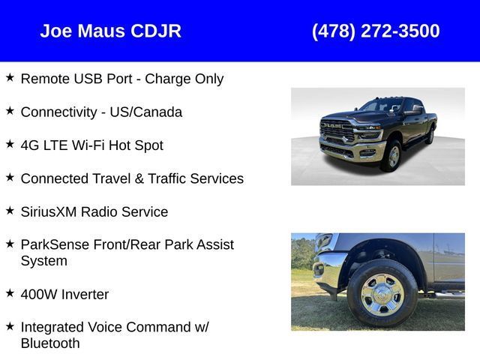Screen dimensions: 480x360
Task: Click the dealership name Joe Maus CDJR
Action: [110, 31]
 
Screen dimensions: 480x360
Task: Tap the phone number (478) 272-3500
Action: [376, 31]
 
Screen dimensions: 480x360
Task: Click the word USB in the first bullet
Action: [88, 79]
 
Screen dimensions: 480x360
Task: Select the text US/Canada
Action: [146, 112]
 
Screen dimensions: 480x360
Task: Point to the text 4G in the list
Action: [30, 145]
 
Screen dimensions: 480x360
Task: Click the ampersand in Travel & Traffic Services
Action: [139, 178]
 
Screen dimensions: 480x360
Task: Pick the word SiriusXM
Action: [49, 211]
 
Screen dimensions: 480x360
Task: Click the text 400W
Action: [39, 295]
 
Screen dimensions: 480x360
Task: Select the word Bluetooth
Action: [50, 343]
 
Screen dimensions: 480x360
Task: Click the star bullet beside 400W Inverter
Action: [10, 293]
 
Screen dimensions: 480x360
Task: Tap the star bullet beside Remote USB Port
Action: [10, 77]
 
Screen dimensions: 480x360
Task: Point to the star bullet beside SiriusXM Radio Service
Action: [10, 211]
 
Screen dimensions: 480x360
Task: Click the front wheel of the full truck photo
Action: [392, 156]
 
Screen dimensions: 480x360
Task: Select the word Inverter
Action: [85, 295]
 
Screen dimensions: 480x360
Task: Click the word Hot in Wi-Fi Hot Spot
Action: [119, 145]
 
